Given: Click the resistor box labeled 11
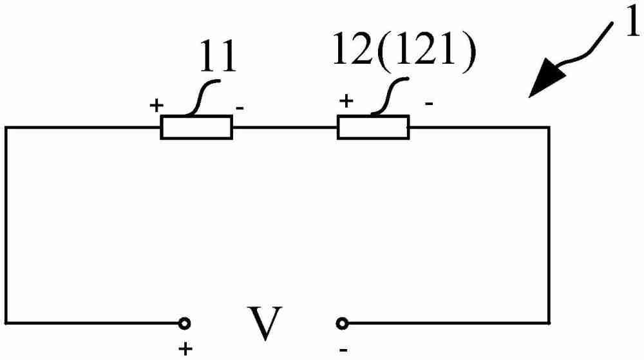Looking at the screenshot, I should click(x=196, y=128).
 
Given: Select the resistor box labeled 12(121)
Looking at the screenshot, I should click(x=374, y=127).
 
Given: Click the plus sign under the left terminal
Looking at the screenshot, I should click(x=185, y=350).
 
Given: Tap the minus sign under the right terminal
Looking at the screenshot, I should click(x=343, y=350).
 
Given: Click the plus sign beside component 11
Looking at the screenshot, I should click(x=155, y=105).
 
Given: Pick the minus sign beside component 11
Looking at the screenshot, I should click(x=239, y=108).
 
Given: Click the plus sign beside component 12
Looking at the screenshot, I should click(x=346, y=101).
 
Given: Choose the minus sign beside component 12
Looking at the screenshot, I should click(x=428, y=103).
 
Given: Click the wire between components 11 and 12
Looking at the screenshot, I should click(x=285, y=128).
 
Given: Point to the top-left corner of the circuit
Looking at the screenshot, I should click(x=6, y=128).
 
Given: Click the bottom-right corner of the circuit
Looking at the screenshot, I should click(x=549, y=322).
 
